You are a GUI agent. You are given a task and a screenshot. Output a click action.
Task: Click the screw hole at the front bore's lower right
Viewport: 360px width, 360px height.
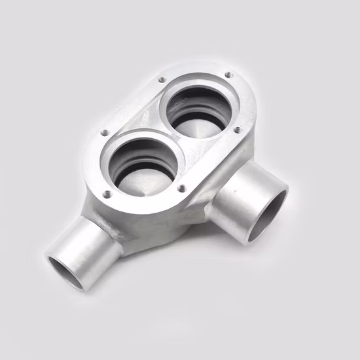click(181, 189)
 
